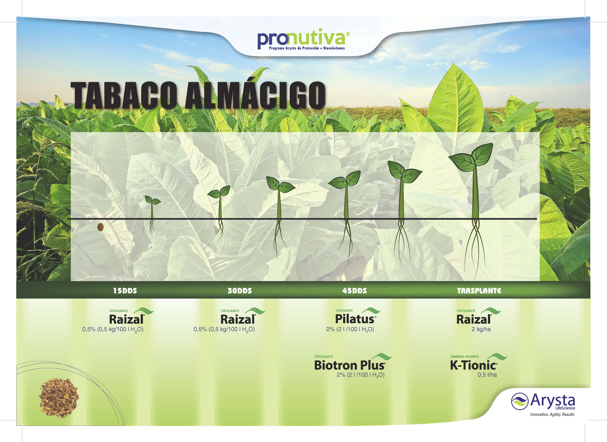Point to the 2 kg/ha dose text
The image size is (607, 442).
(x=481, y=329)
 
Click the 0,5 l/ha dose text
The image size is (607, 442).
(x=487, y=375)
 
